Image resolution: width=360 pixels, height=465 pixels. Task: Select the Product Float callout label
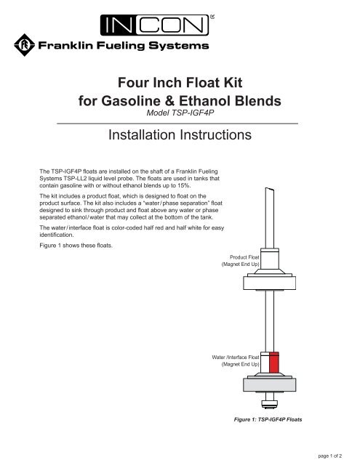click(x=239, y=261)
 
